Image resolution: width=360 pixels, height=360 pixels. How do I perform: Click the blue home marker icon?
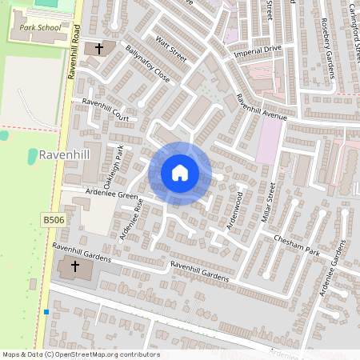coord(180,173)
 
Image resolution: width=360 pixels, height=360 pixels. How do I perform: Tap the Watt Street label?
coord(171,50)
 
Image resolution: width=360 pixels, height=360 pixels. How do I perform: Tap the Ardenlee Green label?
coord(112,196)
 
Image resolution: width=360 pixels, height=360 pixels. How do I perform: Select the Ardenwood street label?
coord(234,209)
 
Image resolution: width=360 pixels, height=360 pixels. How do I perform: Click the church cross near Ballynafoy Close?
coord(99,49)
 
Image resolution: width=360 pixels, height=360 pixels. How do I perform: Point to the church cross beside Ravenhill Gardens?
coord(76,266)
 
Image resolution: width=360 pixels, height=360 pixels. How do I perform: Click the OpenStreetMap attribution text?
coord(81,354)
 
